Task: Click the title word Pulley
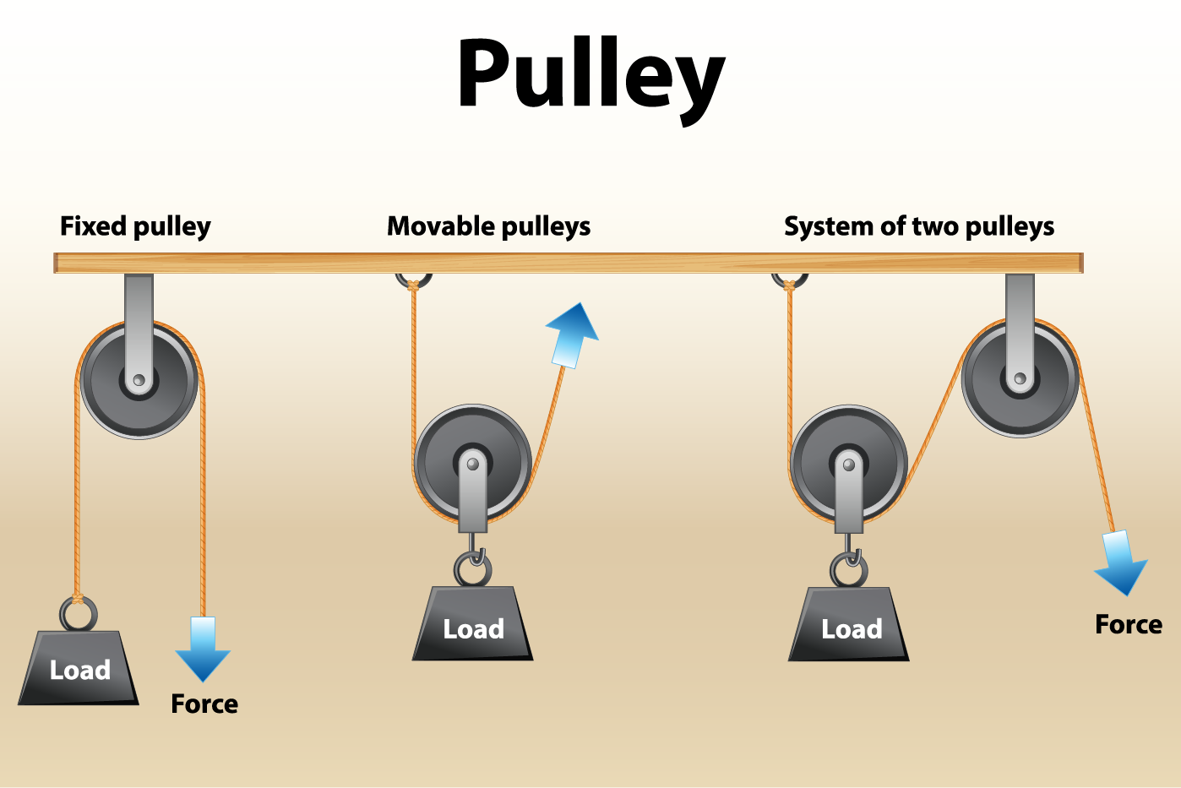pos(590,76)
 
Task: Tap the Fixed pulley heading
pos(135,226)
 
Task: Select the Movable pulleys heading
pos(488,226)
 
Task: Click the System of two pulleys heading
pos(919,226)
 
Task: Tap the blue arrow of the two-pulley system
pos(1121,562)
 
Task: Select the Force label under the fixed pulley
pos(204,704)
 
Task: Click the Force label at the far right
pos(1129,624)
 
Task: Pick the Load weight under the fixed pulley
pos(79,668)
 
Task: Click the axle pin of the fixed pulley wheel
pos(139,380)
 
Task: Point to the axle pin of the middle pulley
pos(473,464)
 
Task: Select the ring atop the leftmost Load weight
pos(78,613)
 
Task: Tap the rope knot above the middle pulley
pos(413,285)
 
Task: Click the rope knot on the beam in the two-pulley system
pos(789,285)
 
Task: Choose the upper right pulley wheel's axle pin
pos(1020,378)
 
